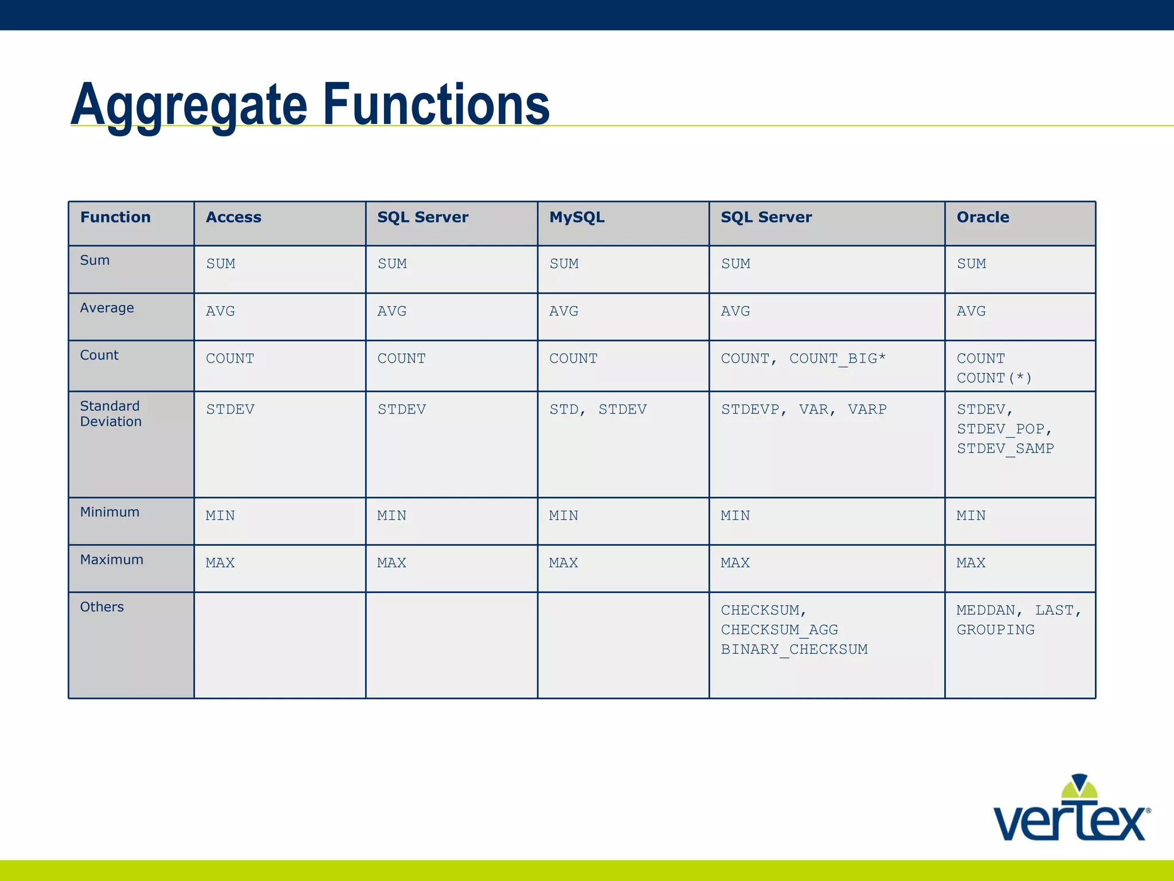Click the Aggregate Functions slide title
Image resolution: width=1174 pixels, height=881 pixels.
[310, 104]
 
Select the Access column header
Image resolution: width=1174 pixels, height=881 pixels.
[233, 217]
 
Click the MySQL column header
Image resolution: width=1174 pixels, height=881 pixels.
[577, 217]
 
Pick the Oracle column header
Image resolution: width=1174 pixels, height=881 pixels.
[983, 217]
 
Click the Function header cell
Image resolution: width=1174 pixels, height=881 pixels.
[115, 217]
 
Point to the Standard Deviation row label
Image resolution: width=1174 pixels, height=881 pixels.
[111, 414]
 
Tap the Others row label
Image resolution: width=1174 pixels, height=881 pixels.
[102, 607]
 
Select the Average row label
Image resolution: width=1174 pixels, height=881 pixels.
[107, 308]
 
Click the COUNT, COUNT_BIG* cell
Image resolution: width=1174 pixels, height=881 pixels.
[803, 358]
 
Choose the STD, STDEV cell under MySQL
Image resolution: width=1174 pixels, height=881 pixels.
[598, 410]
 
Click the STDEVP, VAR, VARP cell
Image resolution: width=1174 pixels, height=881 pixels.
[804, 410]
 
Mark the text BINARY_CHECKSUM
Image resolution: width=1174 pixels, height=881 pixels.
[794, 649]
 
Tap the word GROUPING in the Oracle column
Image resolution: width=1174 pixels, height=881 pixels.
[995, 630]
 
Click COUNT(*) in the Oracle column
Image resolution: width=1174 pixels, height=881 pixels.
[994, 379]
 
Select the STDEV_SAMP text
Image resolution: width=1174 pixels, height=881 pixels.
[1005, 449]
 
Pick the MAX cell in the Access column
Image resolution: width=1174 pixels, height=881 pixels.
[220, 563]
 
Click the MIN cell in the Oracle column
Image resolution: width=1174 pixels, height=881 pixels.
[971, 516]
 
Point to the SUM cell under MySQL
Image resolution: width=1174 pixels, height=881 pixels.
[564, 264]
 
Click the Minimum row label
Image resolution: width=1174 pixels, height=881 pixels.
[109, 512]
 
